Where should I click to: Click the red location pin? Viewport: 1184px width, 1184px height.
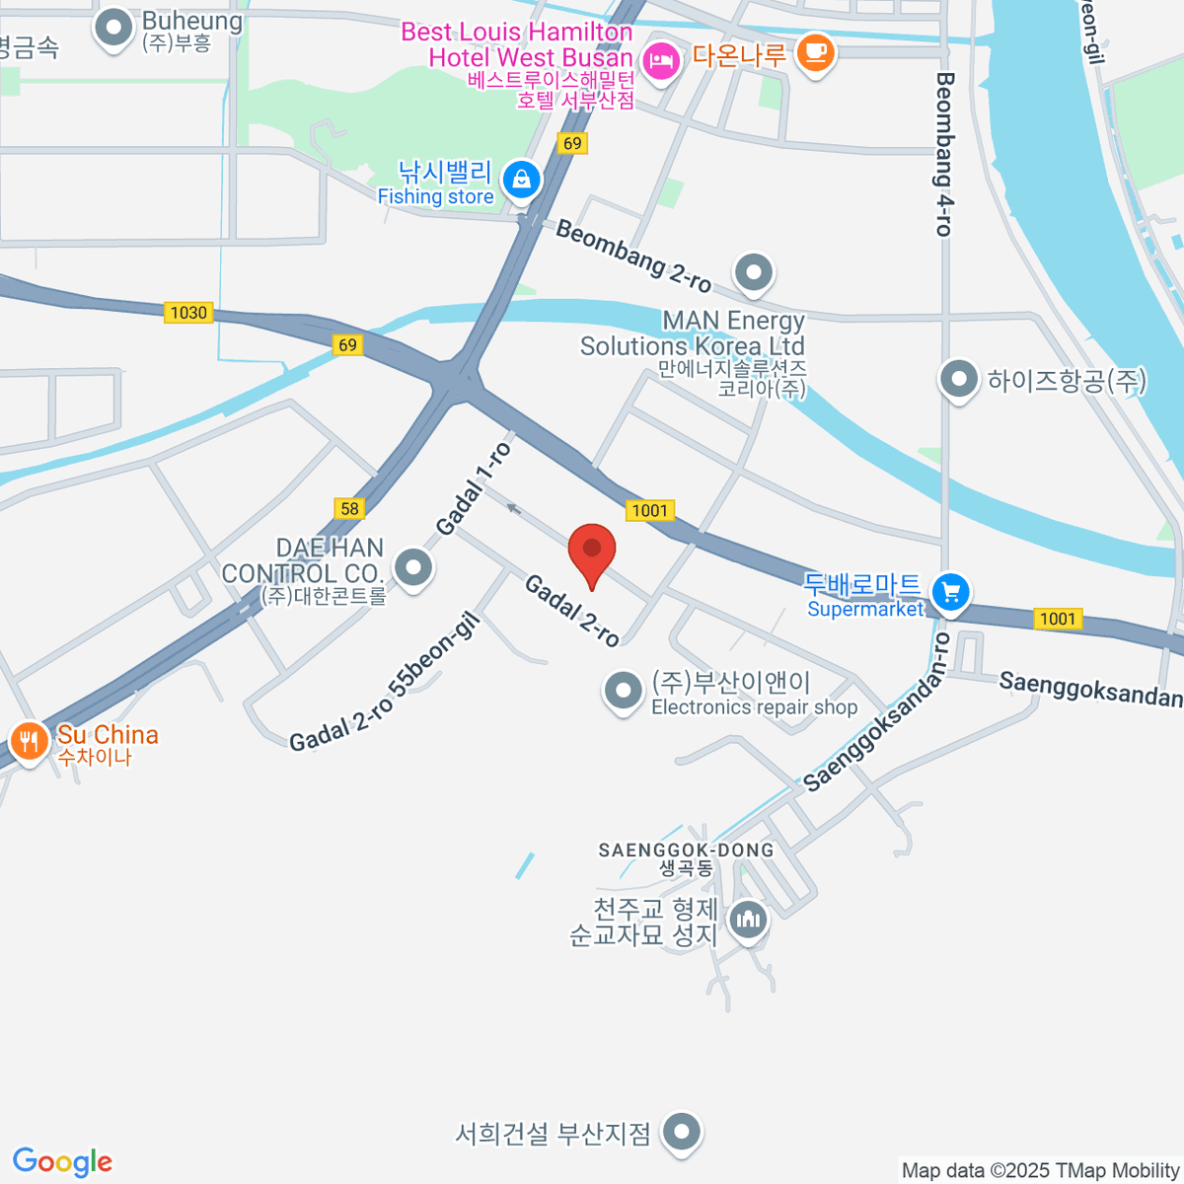click(x=592, y=551)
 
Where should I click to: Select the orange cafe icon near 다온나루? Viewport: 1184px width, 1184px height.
click(x=815, y=50)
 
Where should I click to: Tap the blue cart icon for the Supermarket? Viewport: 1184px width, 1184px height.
click(x=951, y=592)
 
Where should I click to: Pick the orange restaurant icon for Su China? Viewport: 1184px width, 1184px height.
click(x=29, y=740)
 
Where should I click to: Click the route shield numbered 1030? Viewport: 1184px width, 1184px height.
click(x=188, y=313)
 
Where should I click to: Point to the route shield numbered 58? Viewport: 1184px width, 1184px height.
click(x=349, y=508)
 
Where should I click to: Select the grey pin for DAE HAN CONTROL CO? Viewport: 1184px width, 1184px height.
click(x=412, y=567)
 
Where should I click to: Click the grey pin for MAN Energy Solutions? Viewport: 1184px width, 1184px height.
click(x=754, y=270)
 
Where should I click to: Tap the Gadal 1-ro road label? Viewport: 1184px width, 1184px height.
click(x=474, y=488)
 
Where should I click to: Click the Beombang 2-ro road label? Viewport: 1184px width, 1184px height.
click(x=632, y=256)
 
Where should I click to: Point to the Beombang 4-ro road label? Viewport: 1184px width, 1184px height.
click(x=944, y=154)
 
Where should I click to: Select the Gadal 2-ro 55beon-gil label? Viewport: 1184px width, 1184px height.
click(x=385, y=682)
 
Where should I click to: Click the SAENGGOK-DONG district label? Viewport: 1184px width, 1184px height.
click(x=686, y=850)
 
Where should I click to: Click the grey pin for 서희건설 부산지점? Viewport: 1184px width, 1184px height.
click(x=681, y=1132)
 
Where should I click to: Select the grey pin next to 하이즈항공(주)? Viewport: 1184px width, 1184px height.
click(x=958, y=379)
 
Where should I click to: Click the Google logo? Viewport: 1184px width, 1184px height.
click(x=62, y=1162)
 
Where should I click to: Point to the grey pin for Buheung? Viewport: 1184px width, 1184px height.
click(x=113, y=28)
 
